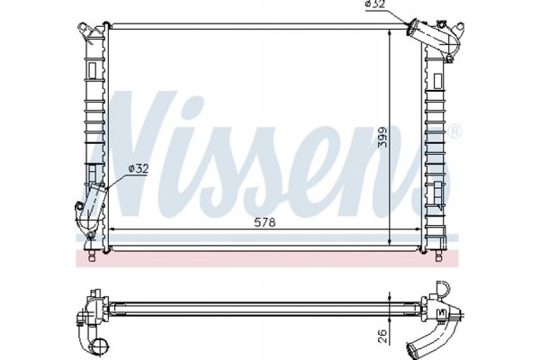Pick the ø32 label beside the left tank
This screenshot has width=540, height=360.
click(x=139, y=167)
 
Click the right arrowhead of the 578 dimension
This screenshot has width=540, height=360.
click(x=418, y=231)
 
